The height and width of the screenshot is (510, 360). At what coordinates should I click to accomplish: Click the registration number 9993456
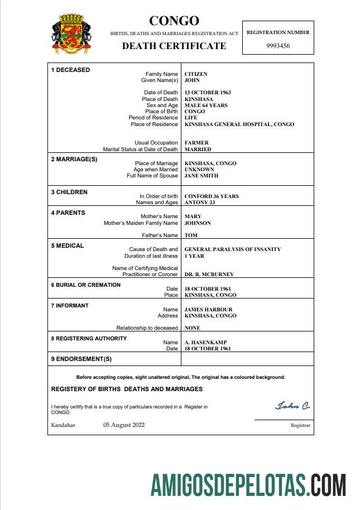277,46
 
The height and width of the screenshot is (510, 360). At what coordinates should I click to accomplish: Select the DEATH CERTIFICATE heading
174,46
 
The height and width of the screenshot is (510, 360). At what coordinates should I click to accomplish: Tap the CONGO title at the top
174,21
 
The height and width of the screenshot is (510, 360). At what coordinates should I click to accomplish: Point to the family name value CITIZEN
196,74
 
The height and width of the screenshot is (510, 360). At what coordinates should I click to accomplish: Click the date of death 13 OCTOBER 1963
208,93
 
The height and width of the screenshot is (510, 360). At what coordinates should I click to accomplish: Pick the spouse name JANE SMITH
201,176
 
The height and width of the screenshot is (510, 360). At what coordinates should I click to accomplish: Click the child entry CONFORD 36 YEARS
212,196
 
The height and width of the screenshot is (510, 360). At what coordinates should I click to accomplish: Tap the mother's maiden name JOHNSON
198,223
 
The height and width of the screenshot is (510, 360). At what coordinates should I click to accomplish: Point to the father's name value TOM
191,235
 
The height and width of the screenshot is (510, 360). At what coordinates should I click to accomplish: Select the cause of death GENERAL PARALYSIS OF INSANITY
233,249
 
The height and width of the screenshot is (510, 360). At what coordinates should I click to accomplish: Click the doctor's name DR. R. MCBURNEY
209,275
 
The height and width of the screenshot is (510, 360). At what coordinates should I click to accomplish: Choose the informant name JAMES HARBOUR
208,310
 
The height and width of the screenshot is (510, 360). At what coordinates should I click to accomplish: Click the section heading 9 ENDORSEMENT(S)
81,359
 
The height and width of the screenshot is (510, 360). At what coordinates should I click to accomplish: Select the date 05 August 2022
124,425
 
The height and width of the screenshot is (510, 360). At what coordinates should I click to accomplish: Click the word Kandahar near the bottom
63,425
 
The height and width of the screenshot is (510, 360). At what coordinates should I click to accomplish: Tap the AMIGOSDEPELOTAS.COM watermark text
248,484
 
